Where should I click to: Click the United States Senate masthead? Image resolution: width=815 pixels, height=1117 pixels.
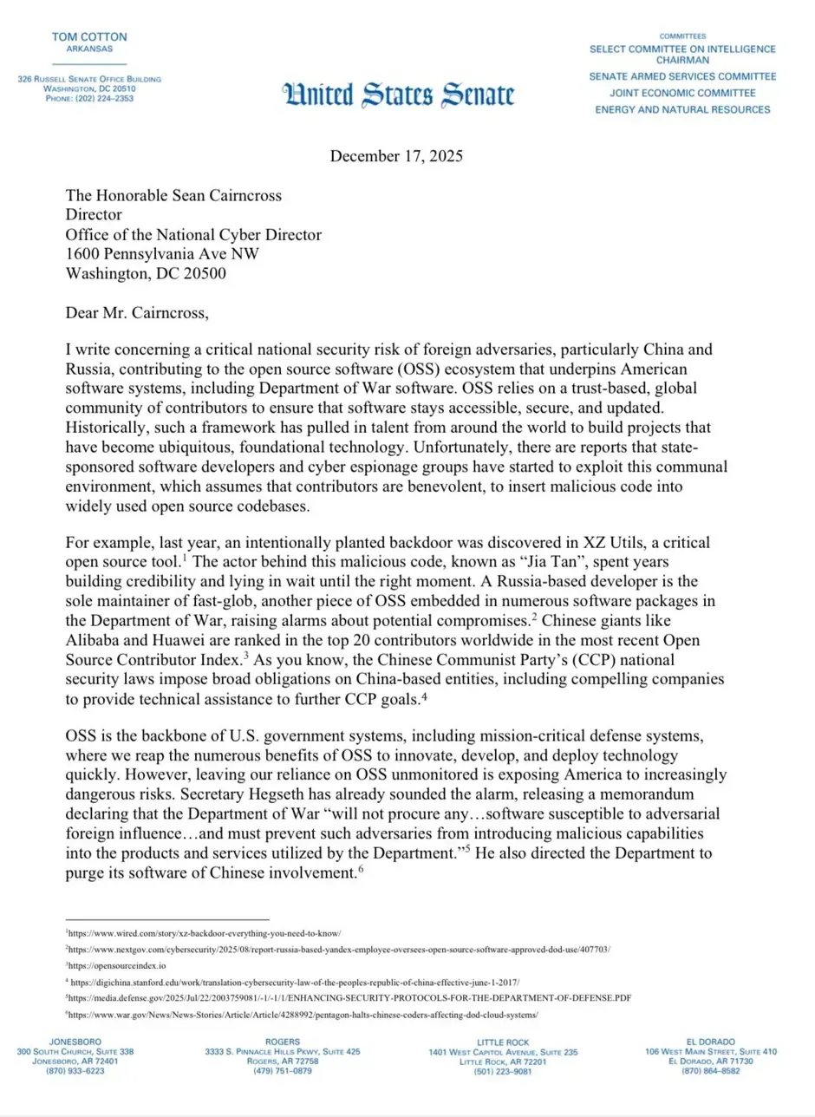pos(397,95)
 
